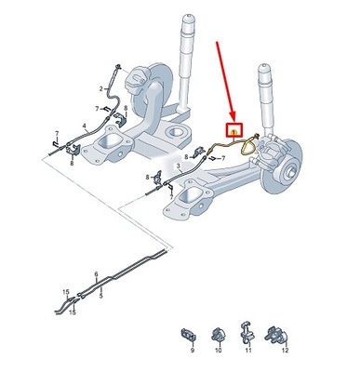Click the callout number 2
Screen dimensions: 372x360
[x=101, y=89]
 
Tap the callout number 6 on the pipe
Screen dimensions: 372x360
[x=95, y=274]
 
